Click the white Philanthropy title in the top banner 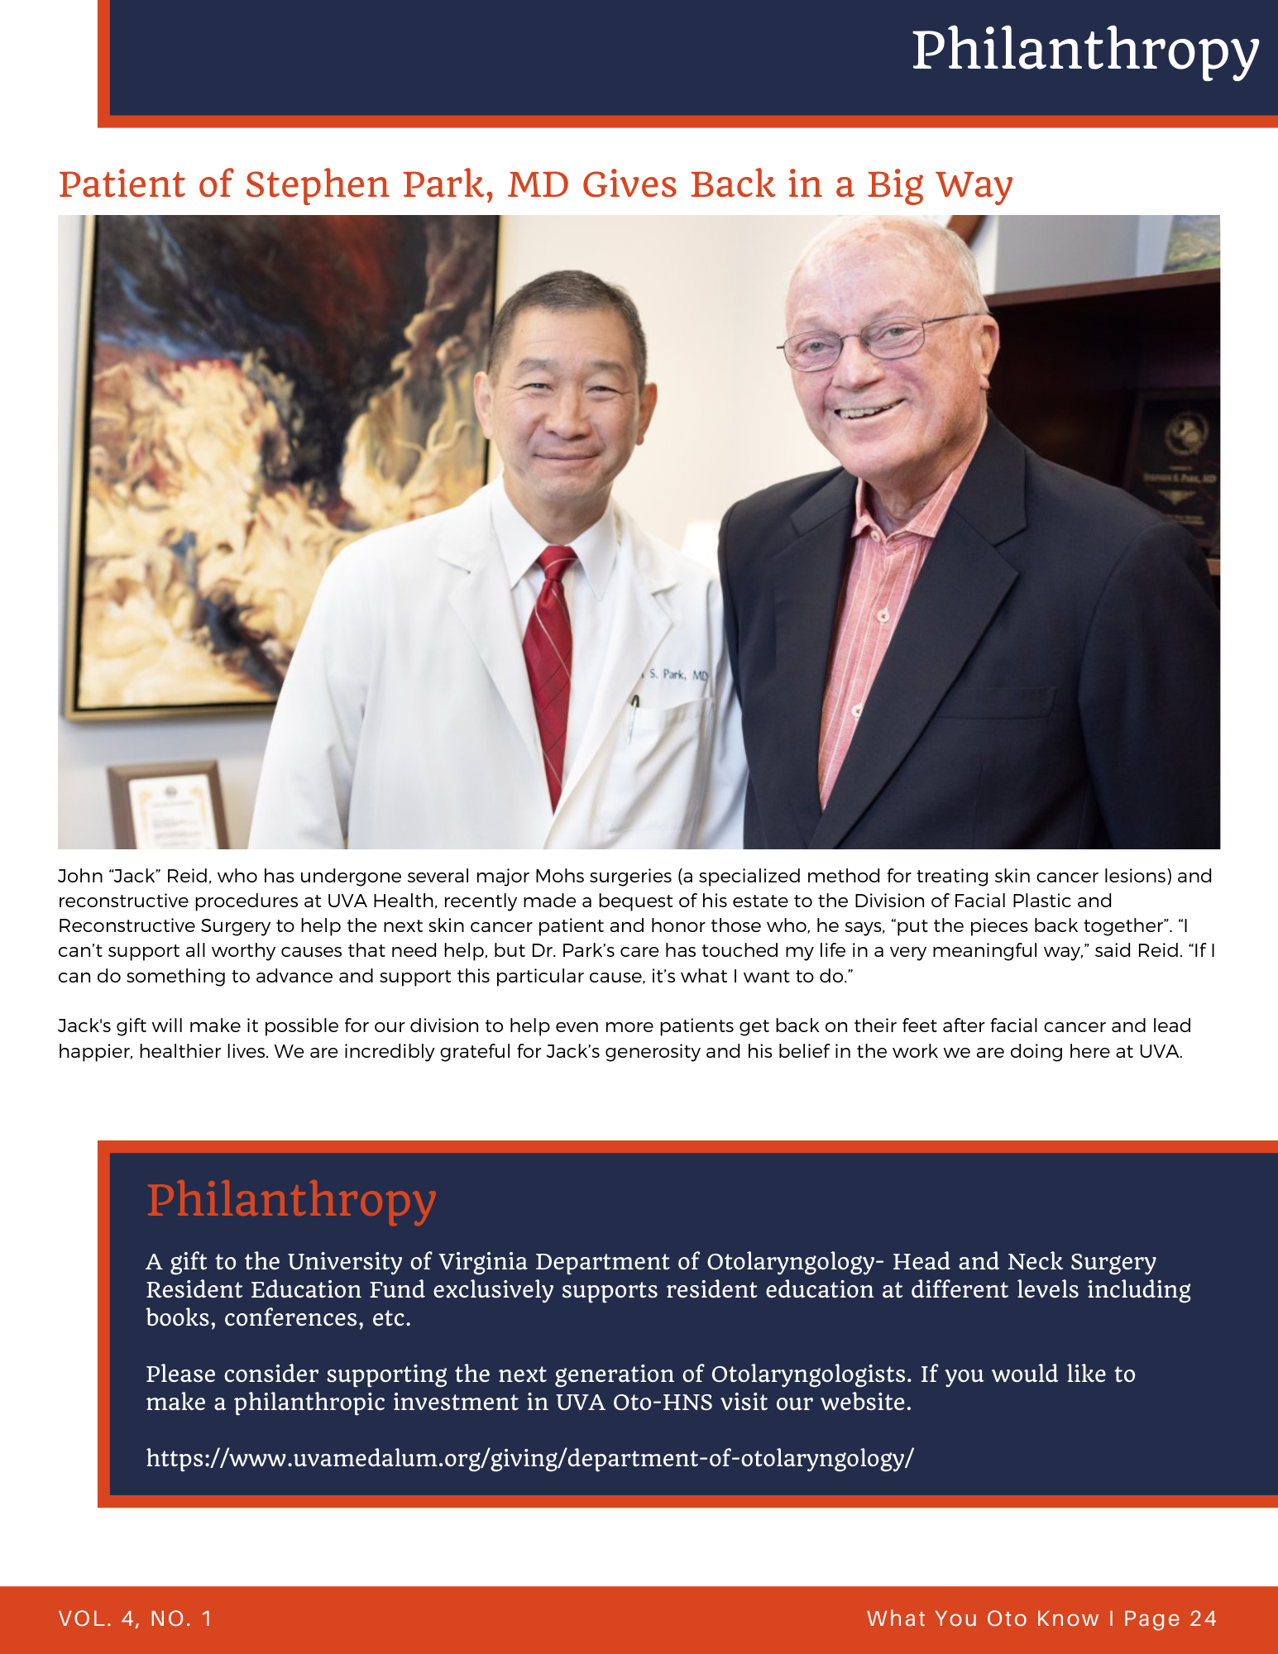(1084, 51)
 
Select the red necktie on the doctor (550, 662)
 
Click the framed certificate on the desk (170, 806)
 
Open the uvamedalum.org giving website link (529, 1457)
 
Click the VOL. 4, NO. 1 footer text (136, 1618)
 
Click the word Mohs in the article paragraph (561, 876)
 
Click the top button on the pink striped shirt (883, 615)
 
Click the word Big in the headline (894, 184)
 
